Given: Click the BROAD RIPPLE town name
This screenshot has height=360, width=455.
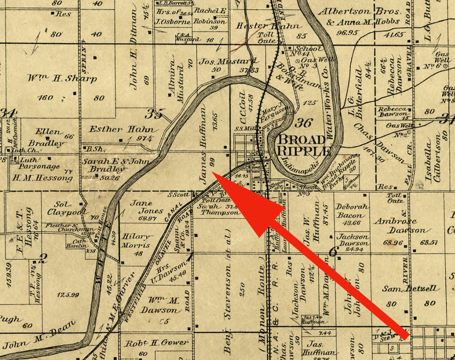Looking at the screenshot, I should click(302, 145).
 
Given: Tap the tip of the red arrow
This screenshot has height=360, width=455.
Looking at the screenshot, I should click(212, 173).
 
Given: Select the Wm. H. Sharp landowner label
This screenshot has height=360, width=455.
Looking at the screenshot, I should click(62, 79).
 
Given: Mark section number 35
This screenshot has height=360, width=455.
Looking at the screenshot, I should click(156, 113).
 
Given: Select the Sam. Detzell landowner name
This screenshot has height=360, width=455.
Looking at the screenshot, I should click(411, 289).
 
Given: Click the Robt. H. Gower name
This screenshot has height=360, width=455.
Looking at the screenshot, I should click(157, 343).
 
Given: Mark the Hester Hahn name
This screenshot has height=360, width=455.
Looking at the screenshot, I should click(269, 26).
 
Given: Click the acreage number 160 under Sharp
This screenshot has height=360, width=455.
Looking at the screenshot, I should click(45, 97).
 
